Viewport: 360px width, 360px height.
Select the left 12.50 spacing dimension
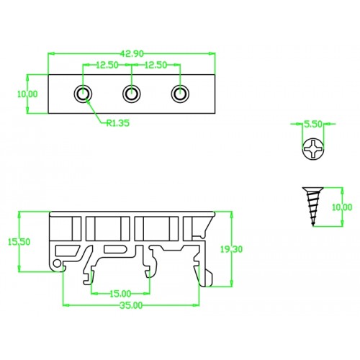(x=107, y=65)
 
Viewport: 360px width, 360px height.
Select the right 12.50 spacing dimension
(x=156, y=65)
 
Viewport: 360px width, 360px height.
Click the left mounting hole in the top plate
(x=84, y=93)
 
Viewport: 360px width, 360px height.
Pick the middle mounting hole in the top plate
(x=131, y=93)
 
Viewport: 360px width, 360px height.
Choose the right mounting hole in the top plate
(x=179, y=93)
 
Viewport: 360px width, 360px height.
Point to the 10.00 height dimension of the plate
(x=29, y=94)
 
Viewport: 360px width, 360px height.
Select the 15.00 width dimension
(x=120, y=293)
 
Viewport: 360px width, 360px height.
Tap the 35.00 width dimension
(x=131, y=305)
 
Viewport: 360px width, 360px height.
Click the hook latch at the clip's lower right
(x=207, y=276)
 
